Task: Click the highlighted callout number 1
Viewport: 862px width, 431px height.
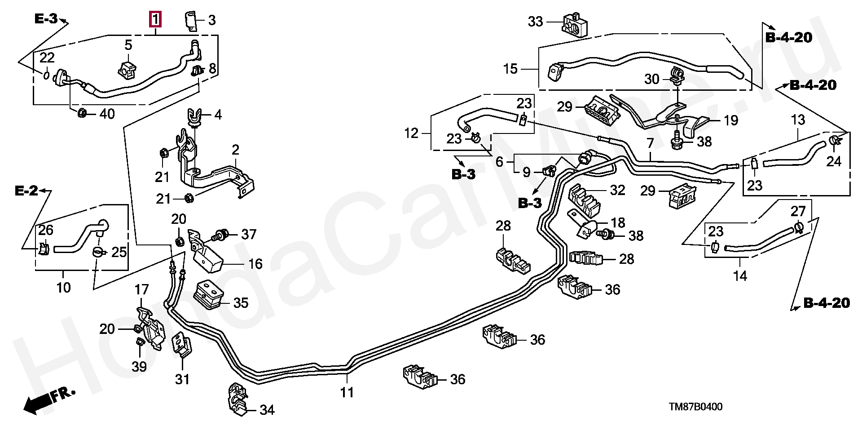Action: point(155,20)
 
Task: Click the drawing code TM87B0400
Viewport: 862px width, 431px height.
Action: point(695,407)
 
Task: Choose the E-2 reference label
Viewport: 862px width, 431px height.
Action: point(26,191)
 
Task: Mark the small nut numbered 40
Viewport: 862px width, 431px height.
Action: point(82,113)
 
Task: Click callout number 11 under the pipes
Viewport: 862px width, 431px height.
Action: point(347,392)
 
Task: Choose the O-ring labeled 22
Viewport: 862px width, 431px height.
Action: point(47,74)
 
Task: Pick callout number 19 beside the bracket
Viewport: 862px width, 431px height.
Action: point(730,120)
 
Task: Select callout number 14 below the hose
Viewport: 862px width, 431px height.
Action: point(740,275)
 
